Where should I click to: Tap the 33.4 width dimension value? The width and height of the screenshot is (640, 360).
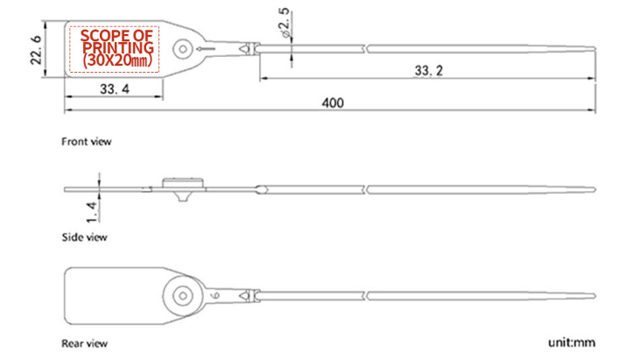pyautogui.click(x=114, y=88)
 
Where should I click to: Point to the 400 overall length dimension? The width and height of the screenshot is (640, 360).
pyautogui.click(x=332, y=102)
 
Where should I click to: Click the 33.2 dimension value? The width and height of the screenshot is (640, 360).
pyautogui.click(x=428, y=70)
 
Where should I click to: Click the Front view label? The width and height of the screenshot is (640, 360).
pyautogui.click(x=86, y=141)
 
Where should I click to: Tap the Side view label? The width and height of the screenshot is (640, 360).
pyautogui.click(x=84, y=236)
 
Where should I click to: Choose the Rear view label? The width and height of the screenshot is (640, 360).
pyautogui.click(x=85, y=342)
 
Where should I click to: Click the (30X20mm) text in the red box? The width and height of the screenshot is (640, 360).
pyautogui.click(x=117, y=60)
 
